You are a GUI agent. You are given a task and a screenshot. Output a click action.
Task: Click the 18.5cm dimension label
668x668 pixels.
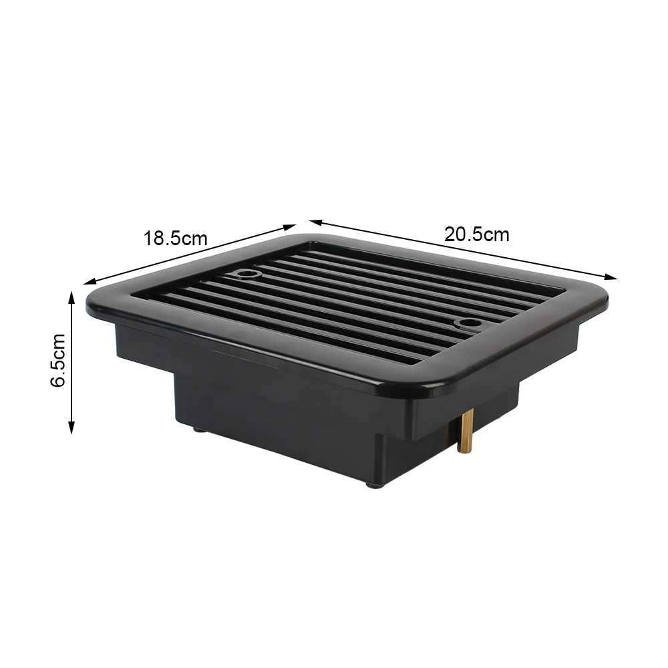pyautogui.click(x=175, y=238)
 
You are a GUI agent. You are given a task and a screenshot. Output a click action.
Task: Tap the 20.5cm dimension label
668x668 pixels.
pyautogui.click(x=476, y=234)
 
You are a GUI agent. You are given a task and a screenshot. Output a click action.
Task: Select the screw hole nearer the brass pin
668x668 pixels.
pyautogui.click(x=464, y=324)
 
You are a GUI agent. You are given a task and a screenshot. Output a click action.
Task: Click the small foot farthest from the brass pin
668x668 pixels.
pyautogui.click(x=199, y=430)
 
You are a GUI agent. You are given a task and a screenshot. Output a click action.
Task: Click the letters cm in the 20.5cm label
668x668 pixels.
pyautogui.click(x=496, y=234)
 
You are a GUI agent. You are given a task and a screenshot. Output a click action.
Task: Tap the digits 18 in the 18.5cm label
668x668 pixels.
pyautogui.click(x=153, y=238)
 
